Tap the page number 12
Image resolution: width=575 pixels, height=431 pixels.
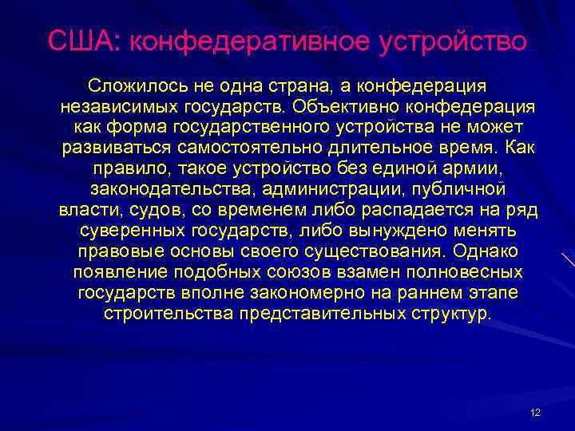click(535, 413)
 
